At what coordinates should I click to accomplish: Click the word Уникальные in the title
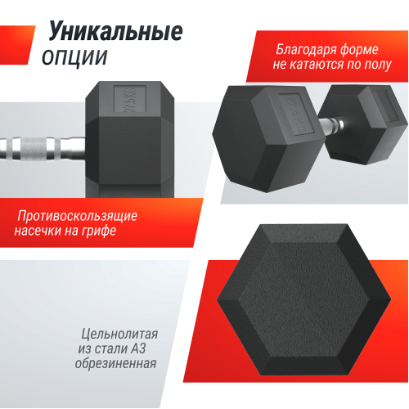(x=115, y=32)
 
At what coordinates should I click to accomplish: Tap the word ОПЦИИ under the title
(x=74, y=56)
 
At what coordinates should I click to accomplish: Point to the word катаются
(x=321, y=65)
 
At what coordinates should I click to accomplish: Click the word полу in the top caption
(x=377, y=65)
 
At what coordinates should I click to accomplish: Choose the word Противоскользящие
(x=78, y=216)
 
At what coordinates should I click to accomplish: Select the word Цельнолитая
(x=119, y=335)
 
